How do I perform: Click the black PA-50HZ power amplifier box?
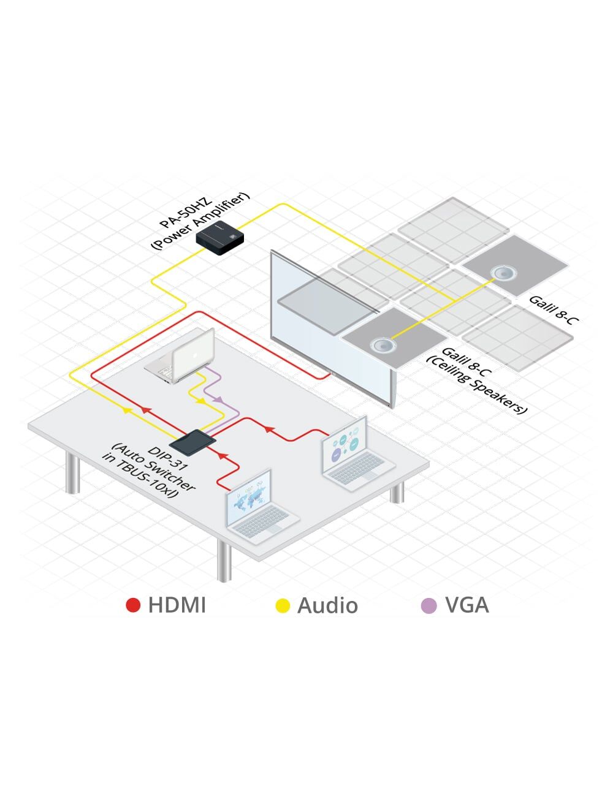click(219, 238)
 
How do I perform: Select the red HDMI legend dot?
click(133, 605)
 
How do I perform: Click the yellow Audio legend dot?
click(283, 605)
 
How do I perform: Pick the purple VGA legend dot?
click(429, 605)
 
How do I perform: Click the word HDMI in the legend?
click(177, 605)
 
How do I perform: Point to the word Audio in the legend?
click(327, 605)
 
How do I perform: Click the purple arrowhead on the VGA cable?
click(217, 399)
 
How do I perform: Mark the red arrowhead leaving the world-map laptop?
click(222, 456)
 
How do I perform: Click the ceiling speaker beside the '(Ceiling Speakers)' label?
click(383, 345)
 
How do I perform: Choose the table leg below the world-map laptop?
click(225, 561)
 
